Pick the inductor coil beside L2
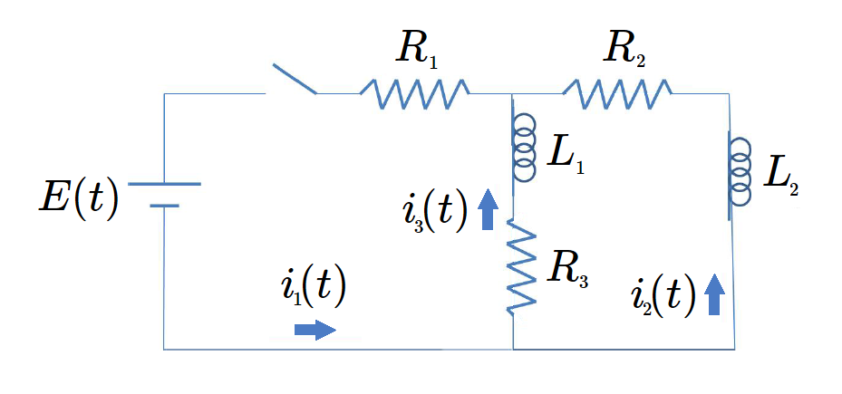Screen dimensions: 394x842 tap(739, 175)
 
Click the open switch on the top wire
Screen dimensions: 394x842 tap(292, 82)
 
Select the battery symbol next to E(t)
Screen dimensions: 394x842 tap(164, 194)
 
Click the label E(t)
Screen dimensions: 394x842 tap(78, 199)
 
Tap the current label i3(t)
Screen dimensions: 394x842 tap(431, 214)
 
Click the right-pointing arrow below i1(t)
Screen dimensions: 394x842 tap(315, 330)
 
